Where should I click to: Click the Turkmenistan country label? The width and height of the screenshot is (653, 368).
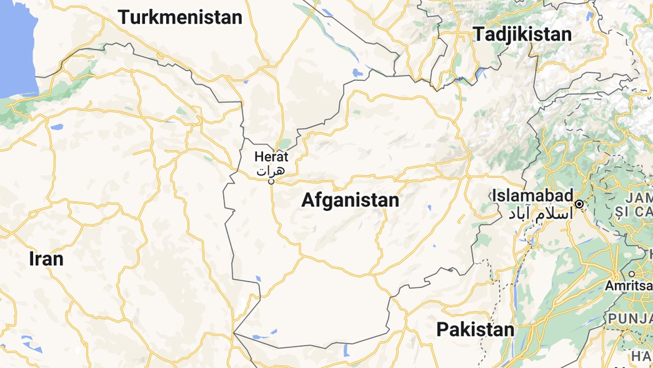coord(180,17)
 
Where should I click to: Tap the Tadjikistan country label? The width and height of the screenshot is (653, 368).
coord(522,34)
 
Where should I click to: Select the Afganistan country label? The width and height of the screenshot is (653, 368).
coord(350,200)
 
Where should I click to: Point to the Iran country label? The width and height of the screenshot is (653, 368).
coord(46,259)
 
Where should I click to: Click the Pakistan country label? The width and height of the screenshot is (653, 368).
coord(475,329)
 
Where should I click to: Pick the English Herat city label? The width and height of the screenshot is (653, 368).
coord(271,157)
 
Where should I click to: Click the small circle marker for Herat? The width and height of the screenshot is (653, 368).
coord(271,182)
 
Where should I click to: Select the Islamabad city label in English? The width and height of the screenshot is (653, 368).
coord(532,195)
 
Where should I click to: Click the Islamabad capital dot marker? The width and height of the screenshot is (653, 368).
coord(579,204)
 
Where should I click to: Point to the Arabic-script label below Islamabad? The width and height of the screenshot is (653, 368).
coord(539,213)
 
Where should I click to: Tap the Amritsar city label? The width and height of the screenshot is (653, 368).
coord(628,286)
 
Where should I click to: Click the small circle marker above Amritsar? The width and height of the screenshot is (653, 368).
coord(632,274)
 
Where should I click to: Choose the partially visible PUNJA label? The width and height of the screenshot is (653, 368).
coord(630,318)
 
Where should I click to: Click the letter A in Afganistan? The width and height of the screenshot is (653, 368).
coord(308,200)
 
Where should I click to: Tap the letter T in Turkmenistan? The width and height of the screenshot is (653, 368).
coord(124,17)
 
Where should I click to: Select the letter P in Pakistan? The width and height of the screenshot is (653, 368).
coord(442,329)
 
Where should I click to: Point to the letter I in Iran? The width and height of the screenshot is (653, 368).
coord(32,259)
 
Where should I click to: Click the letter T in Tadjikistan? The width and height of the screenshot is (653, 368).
coord(479,34)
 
